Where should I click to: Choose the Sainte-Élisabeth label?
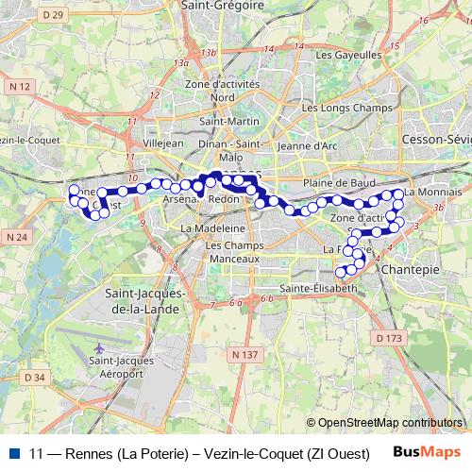tap(318, 287)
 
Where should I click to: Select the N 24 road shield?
tap(19, 236)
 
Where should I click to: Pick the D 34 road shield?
tap(35, 377)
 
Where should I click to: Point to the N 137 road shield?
tap(244, 354)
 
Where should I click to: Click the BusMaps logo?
tap(430, 452)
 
